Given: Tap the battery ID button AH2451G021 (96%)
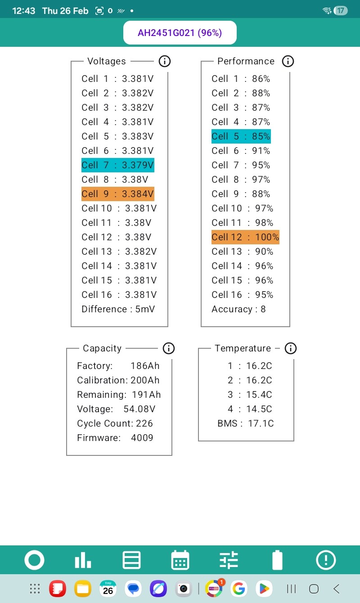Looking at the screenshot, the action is click(x=180, y=32).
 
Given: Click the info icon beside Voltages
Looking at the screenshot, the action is click(x=165, y=61).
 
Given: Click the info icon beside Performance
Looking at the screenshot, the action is click(x=288, y=61).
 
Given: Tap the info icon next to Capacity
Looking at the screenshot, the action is click(x=169, y=348).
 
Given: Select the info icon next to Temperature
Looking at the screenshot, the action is click(x=291, y=348).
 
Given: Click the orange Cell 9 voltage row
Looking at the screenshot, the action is click(x=117, y=194).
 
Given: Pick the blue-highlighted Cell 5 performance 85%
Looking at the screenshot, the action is click(x=241, y=136).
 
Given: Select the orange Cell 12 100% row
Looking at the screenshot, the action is click(x=245, y=237).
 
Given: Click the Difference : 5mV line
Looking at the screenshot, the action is click(x=118, y=309).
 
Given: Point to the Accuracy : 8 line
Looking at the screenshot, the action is click(x=238, y=309).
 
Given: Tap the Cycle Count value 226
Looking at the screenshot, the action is click(x=144, y=423).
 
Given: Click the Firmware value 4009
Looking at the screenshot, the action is click(x=142, y=438).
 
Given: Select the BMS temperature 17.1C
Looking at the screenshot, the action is click(x=261, y=423).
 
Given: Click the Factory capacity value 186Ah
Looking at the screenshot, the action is click(x=145, y=366).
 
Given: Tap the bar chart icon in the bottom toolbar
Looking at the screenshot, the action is click(x=83, y=560).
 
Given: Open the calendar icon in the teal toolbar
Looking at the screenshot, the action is click(x=180, y=560).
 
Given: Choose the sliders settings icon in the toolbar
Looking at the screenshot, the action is click(x=229, y=560).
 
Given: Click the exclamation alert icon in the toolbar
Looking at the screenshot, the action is click(x=326, y=560).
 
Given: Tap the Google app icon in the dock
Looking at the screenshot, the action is click(x=239, y=589).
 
